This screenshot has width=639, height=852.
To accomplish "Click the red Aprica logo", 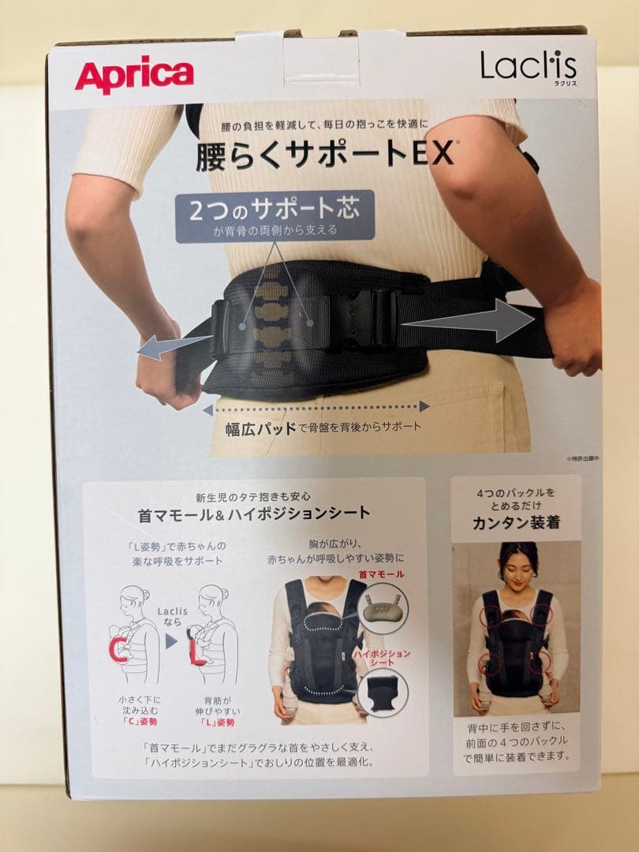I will [x=134, y=76].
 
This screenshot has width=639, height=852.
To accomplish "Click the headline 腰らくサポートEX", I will [x=325, y=155].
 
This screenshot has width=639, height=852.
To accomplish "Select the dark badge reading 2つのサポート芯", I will [x=275, y=212].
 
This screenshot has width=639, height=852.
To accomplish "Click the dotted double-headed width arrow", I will [x=316, y=407].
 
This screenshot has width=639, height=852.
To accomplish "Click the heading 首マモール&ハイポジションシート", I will [x=254, y=514].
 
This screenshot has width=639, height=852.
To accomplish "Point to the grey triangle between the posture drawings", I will [x=171, y=641].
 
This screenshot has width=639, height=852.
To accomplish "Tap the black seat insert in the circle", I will [x=382, y=694].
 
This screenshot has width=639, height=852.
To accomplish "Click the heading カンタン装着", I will [x=515, y=522].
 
